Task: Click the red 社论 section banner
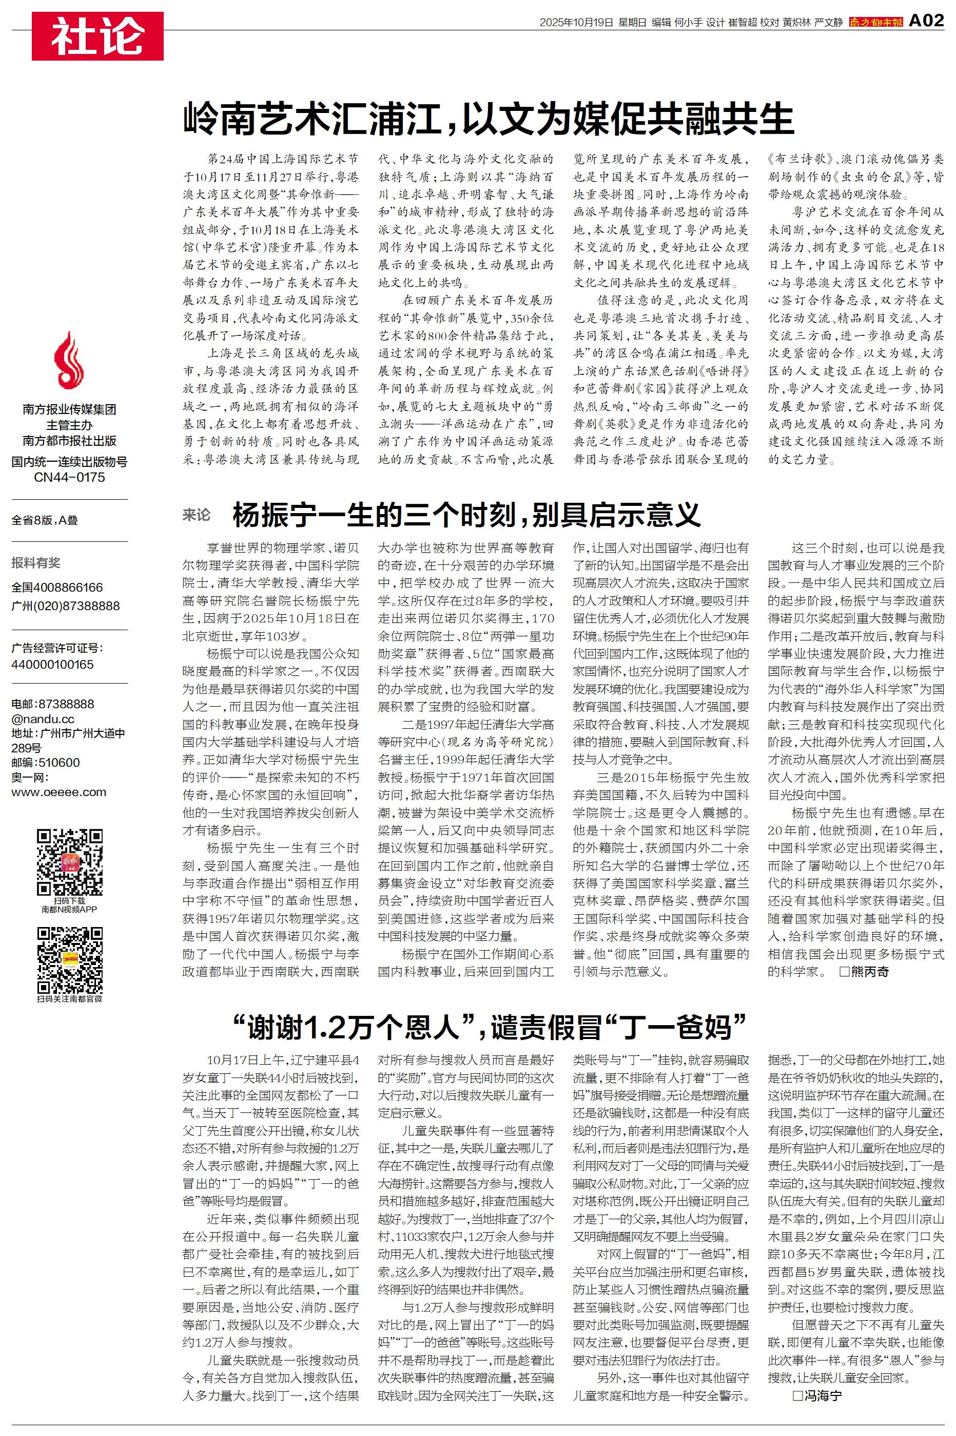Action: [x=97, y=36]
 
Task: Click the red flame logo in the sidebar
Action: [x=69, y=361]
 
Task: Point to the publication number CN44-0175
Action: [x=69, y=477]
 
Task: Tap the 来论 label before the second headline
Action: [x=197, y=515]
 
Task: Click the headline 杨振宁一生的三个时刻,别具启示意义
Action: [x=466, y=515]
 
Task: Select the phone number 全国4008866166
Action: [x=57, y=588]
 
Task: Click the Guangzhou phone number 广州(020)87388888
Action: [x=66, y=606]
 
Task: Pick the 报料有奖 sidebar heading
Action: [x=36, y=562]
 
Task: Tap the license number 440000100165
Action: [x=52, y=664]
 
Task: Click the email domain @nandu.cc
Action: [x=43, y=719]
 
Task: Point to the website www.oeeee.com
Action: [x=58, y=792]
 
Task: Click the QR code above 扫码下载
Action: [x=69, y=861]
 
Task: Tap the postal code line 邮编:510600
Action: [x=46, y=763]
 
